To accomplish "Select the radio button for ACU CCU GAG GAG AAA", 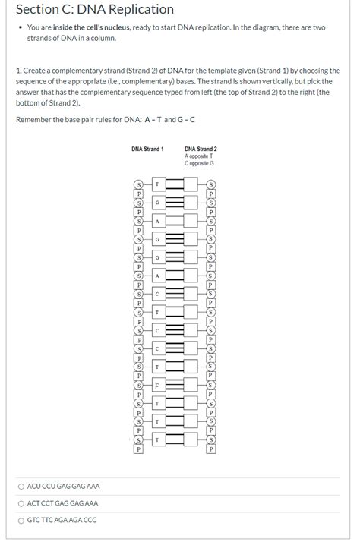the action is (x=21, y=486).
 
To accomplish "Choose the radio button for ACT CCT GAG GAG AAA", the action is (x=21, y=503).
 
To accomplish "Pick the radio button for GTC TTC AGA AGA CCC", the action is (x=21, y=520).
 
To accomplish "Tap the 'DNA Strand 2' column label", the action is (x=201, y=149).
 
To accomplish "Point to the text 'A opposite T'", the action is (x=199, y=156).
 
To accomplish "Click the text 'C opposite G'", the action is (x=199, y=163).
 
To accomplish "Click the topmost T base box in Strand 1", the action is (x=157, y=184).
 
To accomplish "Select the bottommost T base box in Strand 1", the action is (x=157, y=440).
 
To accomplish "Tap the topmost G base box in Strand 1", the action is (x=157, y=203).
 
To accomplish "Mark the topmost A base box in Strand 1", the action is (x=157, y=221).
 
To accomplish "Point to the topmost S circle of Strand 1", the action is (x=138, y=184).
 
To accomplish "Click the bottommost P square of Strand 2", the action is (x=211, y=449).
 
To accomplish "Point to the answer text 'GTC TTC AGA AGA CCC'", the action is (x=62, y=520).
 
